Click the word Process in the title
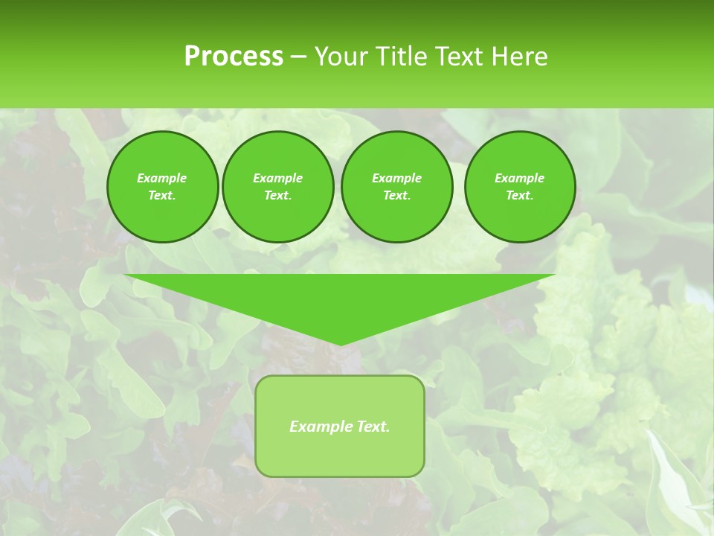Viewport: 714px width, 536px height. (234, 57)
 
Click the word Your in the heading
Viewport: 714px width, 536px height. (341, 57)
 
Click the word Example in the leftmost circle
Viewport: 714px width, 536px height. (162, 178)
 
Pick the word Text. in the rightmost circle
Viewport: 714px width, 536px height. (520, 195)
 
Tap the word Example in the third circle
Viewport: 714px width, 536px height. (396, 178)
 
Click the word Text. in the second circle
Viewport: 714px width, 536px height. (277, 195)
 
